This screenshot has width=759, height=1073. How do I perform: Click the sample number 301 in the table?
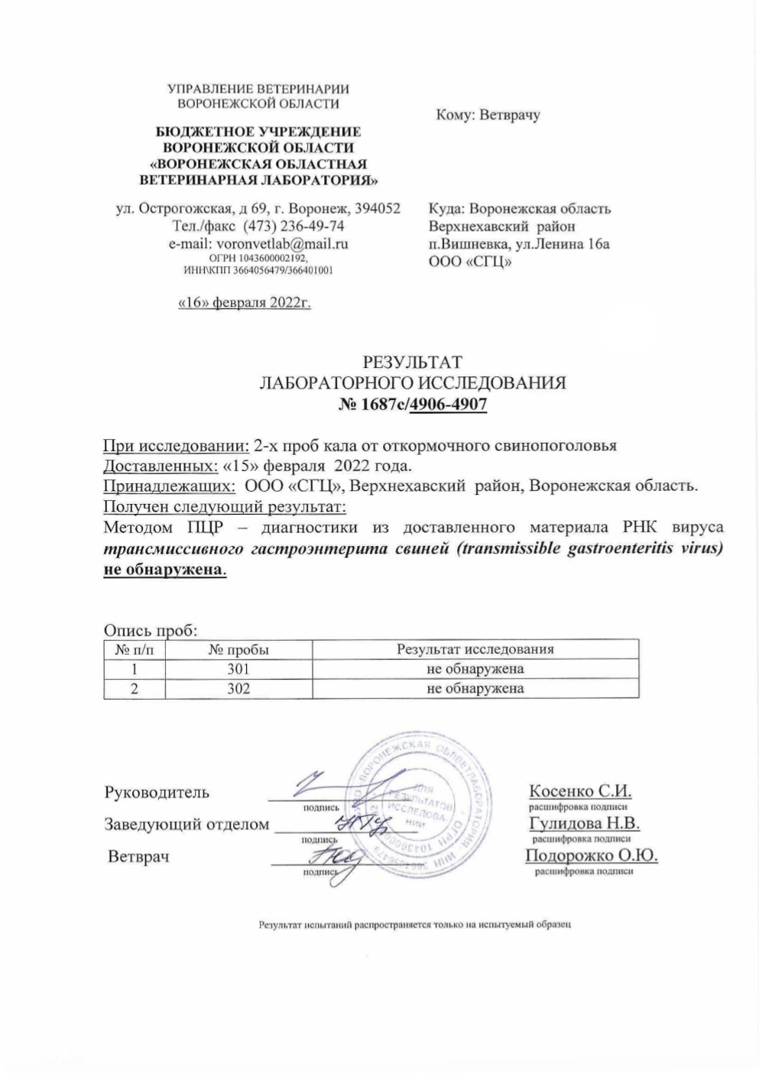pyautogui.click(x=238, y=669)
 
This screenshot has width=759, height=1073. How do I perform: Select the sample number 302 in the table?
pyautogui.click(x=238, y=688)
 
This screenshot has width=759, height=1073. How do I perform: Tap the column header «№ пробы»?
pyautogui.click(x=238, y=650)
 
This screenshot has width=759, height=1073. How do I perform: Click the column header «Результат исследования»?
pyautogui.click(x=475, y=650)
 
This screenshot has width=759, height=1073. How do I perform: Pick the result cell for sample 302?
pyautogui.click(x=475, y=688)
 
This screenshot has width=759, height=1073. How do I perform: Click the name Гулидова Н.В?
pyautogui.click(x=583, y=824)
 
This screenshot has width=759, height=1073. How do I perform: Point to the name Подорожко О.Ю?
pyautogui.click(x=592, y=856)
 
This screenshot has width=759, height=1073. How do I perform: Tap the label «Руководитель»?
pyautogui.click(x=157, y=792)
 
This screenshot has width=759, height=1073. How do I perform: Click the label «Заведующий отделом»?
pyautogui.click(x=187, y=824)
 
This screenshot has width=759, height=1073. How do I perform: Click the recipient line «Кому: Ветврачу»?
pyautogui.click(x=488, y=115)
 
